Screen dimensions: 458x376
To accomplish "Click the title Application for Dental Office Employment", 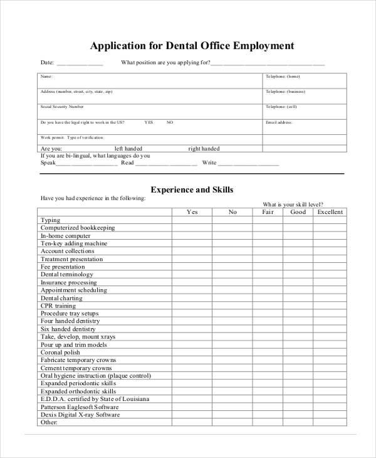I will (192, 46).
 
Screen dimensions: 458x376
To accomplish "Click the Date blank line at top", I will (80, 64).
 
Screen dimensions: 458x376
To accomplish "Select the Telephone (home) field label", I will (283, 77).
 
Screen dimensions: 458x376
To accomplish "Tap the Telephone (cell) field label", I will (281, 107).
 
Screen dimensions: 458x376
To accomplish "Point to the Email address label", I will (279, 122).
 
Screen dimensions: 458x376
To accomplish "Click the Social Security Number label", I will (62, 107).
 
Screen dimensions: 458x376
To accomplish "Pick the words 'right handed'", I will (204, 149).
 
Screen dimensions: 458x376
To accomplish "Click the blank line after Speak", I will (86, 164).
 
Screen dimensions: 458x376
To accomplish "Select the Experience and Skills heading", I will (192, 189).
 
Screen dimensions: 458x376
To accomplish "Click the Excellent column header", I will (330, 212).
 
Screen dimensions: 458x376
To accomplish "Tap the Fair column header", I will (268, 212).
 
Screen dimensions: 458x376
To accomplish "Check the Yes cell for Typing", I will (192, 220).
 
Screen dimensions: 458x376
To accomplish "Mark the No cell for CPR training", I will (232, 306).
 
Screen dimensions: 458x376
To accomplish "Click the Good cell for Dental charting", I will (298, 298).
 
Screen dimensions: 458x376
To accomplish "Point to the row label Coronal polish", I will (61, 353).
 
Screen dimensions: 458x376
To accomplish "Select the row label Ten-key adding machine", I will (74, 243).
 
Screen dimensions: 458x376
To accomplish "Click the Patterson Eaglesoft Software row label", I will (80, 407).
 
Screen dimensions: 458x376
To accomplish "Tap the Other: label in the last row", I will (49, 422).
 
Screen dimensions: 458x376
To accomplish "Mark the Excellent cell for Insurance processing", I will (330, 282).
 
